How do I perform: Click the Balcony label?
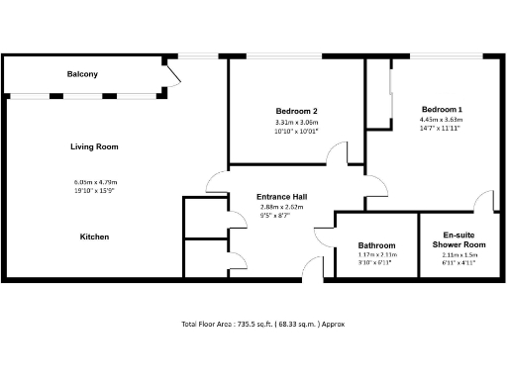(x=82, y=74)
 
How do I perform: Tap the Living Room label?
(x=94, y=146)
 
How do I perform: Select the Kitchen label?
(x=94, y=237)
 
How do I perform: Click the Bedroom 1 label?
(x=442, y=109)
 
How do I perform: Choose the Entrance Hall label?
(x=281, y=197)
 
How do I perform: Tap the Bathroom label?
(x=376, y=245)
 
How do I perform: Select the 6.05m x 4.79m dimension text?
(x=95, y=182)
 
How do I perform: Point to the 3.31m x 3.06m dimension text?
(x=296, y=122)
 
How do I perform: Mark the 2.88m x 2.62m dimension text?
(x=281, y=208)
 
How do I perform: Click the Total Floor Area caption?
(x=262, y=324)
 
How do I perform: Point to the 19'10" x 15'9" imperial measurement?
(x=95, y=191)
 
